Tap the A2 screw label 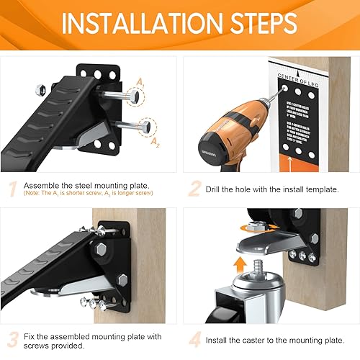(x=156, y=143)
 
